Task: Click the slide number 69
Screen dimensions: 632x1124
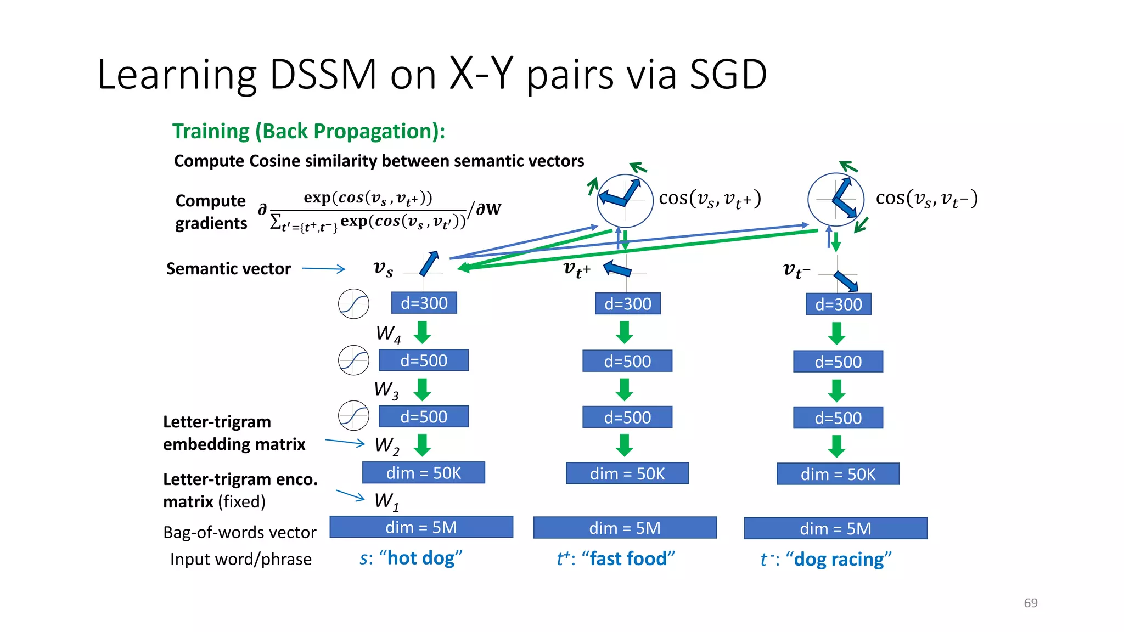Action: point(1030,603)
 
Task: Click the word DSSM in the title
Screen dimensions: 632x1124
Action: point(323,75)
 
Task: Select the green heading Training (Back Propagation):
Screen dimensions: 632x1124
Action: point(308,132)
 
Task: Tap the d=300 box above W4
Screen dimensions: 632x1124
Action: point(424,303)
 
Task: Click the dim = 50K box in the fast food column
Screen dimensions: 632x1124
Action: point(627,473)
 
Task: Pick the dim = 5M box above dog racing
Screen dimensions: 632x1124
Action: point(835,528)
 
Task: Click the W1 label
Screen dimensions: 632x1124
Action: point(386,501)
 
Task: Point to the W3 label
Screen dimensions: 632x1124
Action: point(386,390)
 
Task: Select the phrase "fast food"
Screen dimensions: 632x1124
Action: point(628,558)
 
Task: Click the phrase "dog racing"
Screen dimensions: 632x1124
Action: point(839,559)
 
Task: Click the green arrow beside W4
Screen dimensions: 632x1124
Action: point(422,332)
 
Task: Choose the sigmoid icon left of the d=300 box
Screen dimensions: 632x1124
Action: point(353,303)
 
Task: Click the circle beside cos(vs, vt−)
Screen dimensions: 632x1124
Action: point(835,199)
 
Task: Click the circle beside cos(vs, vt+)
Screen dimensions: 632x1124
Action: point(625,200)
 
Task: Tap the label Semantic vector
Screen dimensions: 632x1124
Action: point(228,269)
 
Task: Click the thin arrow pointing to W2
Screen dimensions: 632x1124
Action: point(344,442)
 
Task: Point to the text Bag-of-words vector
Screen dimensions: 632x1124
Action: point(239,532)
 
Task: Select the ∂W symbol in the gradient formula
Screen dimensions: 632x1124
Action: point(488,209)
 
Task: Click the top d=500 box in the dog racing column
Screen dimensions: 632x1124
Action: point(838,362)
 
